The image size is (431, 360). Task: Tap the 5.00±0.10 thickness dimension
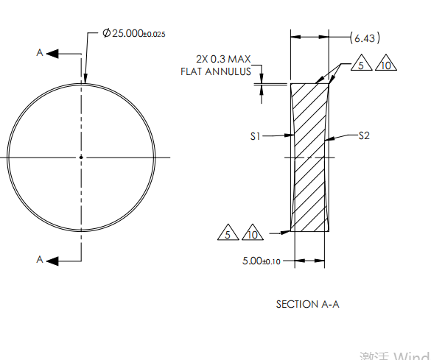coord(262,261)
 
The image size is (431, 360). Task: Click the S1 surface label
coord(256,136)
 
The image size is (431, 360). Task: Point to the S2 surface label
coord(364,135)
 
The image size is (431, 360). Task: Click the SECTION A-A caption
coord(307,304)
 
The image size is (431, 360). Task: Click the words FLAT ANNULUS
coord(216,71)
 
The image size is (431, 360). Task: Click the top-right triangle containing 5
coord(360,65)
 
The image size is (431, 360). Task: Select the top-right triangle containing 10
coord(386,65)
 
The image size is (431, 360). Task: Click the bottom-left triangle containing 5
coord(228,233)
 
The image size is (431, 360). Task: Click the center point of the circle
coord(81,156)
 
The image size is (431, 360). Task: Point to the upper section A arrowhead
coord(54,52)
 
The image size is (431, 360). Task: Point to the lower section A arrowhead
coord(54,259)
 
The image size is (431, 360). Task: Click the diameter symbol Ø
coord(106,35)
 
